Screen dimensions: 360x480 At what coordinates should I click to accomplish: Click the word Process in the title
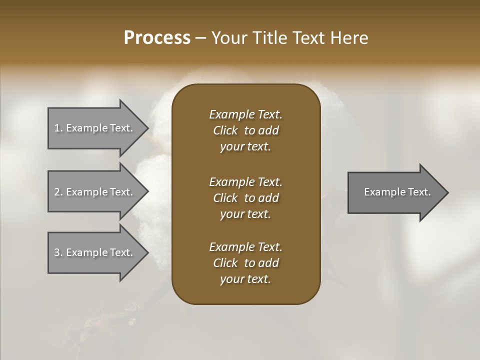(x=157, y=38)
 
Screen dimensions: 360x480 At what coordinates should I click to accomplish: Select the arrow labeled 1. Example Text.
(x=95, y=128)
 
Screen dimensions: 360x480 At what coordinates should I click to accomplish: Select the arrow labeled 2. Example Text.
(x=95, y=192)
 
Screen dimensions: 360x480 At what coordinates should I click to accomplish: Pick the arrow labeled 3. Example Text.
(x=95, y=252)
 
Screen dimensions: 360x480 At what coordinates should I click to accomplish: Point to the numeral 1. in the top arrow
(x=58, y=128)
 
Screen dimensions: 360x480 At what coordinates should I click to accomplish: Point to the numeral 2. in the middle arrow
(x=58, y=192)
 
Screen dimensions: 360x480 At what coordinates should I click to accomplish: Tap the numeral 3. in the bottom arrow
(x=58, y=252)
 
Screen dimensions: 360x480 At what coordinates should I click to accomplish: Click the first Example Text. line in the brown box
(x=245, y=114)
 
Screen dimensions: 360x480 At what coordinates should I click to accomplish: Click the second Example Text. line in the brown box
(x=245, y=182)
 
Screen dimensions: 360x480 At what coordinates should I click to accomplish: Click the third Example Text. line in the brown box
(x=245, y=247)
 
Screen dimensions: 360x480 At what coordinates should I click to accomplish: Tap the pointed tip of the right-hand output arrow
(x=447, y=192)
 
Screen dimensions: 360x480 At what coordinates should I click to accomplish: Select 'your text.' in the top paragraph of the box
(x=245, y=147)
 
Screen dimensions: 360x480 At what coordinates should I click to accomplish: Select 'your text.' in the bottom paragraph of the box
(x=245, y=279)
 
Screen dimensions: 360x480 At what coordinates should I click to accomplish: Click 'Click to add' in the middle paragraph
(x=245, y=198)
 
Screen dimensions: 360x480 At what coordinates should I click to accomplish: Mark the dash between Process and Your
(x=200, y=38)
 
